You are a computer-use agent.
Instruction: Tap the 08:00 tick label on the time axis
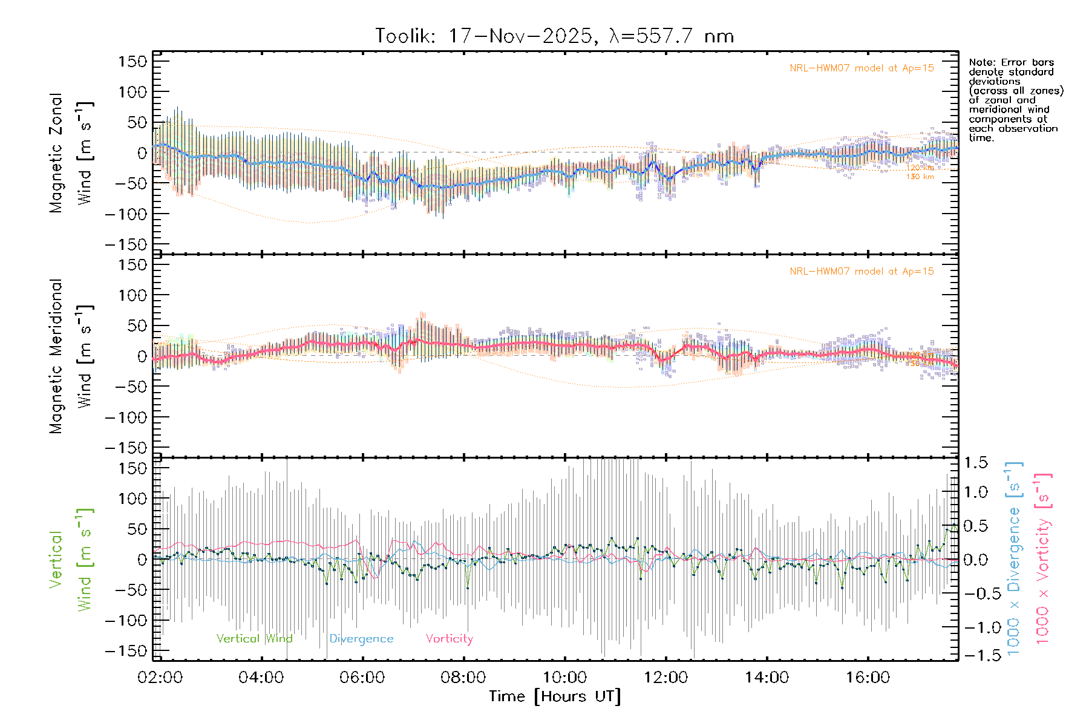[x=463, y=678]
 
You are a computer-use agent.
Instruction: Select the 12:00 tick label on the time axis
[x=665, y=678]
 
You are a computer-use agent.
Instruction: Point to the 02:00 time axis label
[x=160, y=678]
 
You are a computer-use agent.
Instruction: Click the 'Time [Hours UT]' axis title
[x=555, y=696]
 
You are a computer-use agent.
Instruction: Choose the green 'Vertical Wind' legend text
[x=254, y=638]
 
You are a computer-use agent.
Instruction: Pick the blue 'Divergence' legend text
[x=361, y=638]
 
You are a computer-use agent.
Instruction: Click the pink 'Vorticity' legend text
[x=449, y=638]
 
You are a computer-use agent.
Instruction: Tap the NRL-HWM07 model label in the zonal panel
[x=862, y=68]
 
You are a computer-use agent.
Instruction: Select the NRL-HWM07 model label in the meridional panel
[x=862, y=272]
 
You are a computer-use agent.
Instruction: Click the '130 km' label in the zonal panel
[x=920, y=177]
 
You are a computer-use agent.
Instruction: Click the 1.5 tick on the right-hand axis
[x=975, y=462]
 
